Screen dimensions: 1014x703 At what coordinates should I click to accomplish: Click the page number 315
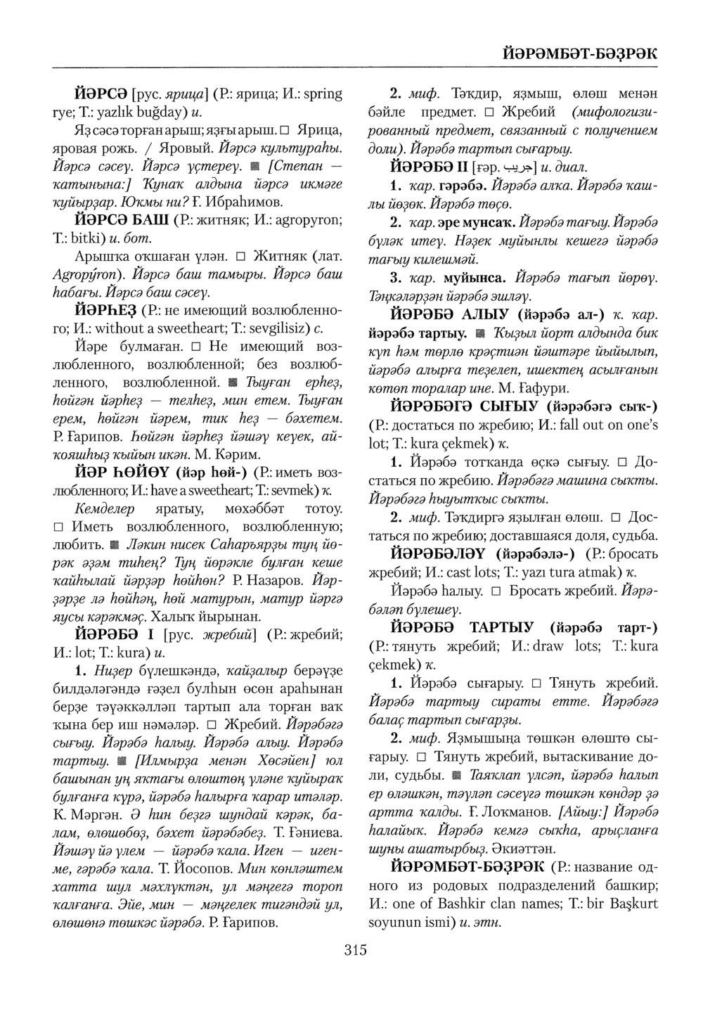pyautogui.click(x=356, y=951)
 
